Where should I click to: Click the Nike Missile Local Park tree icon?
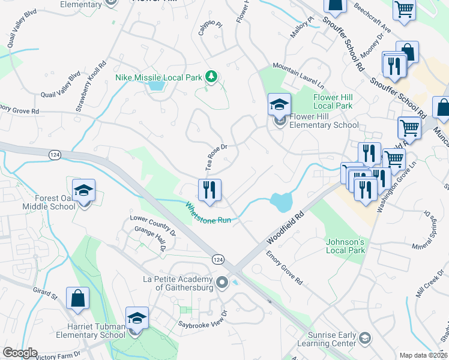point(211,76)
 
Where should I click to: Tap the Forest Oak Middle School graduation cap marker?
point(84,191)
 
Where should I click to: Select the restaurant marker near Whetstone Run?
point(209,190)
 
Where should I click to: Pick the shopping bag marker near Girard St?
point(78,298)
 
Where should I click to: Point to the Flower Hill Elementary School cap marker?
point(279,105)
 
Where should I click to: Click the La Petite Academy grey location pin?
point(222,281)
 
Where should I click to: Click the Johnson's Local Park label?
point(345,246)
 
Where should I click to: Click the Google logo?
point(20,353)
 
